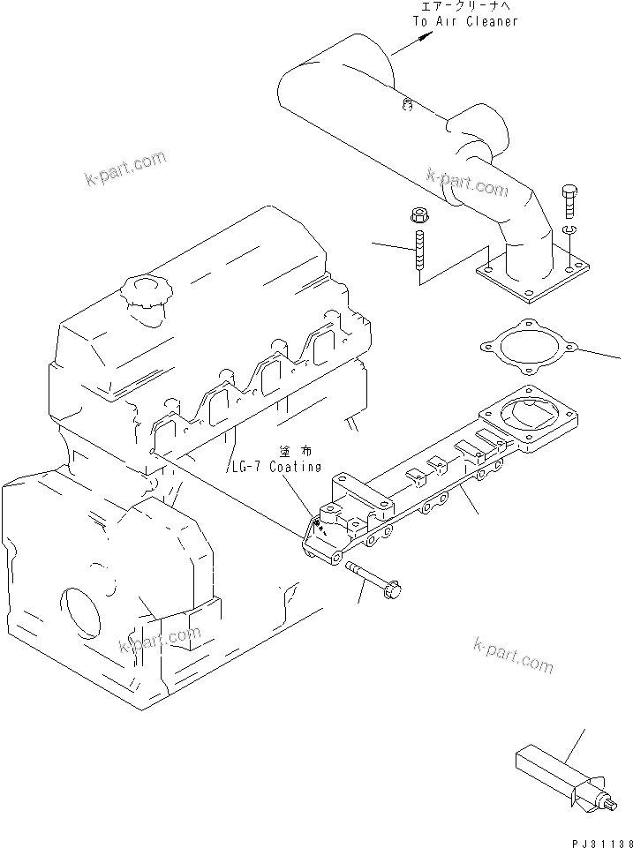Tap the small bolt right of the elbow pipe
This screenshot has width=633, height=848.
(568, 201)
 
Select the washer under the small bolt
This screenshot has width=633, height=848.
(568, 232)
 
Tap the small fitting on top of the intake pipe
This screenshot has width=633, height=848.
(407, 107)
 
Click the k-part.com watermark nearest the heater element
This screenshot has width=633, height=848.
(514, 654)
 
